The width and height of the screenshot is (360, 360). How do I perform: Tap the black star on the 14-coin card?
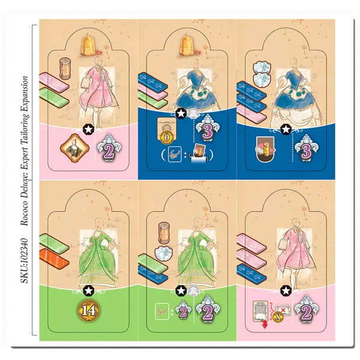click(x=89, y=290)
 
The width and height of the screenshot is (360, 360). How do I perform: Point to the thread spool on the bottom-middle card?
click(x=163, y=232)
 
